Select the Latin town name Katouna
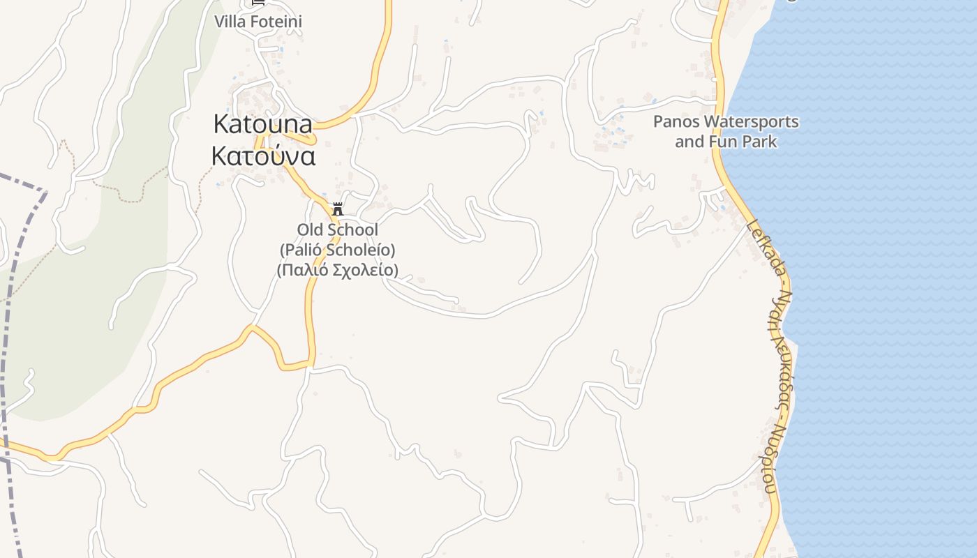tap(262, 124)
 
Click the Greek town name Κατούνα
tap(263, 156)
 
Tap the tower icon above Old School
tap(338, 209)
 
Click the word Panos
tap(676, 122)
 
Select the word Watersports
tap(751, 122)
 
